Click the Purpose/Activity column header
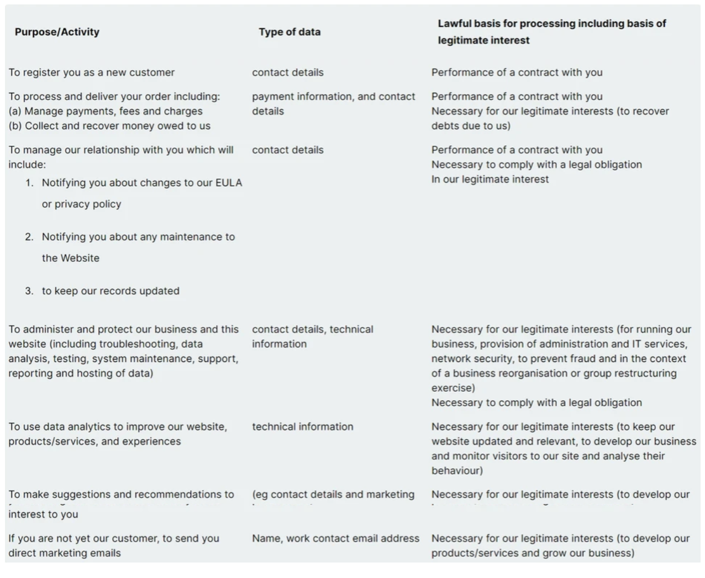[x=57, y=32]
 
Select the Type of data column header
[x=290, y=32]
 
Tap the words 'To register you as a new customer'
[x=91, y=72]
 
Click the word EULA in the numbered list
[x=229, y=183]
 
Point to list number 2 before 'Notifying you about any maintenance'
[x=29, y=237]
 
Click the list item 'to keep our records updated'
[x=111, y=291]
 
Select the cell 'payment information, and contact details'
[x=333, y=103]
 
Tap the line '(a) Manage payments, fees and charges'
[x=106, y=111]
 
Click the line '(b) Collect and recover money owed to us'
[x=109, y=126]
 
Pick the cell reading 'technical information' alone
[x=302, y=427]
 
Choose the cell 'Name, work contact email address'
[x=335, y=538]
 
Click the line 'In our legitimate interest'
[x=490, y=179]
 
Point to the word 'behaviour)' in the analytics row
[x=457, y=471]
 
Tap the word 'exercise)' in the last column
[x=453, y=388]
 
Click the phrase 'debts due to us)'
[x=471, y=126]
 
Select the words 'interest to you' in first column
[x=43, y=514]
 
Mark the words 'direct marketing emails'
[x=65, y=553]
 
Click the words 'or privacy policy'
[x=81, y=204]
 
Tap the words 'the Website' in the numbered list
[x=70, y=258]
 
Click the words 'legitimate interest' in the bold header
[x=483, y=40]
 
